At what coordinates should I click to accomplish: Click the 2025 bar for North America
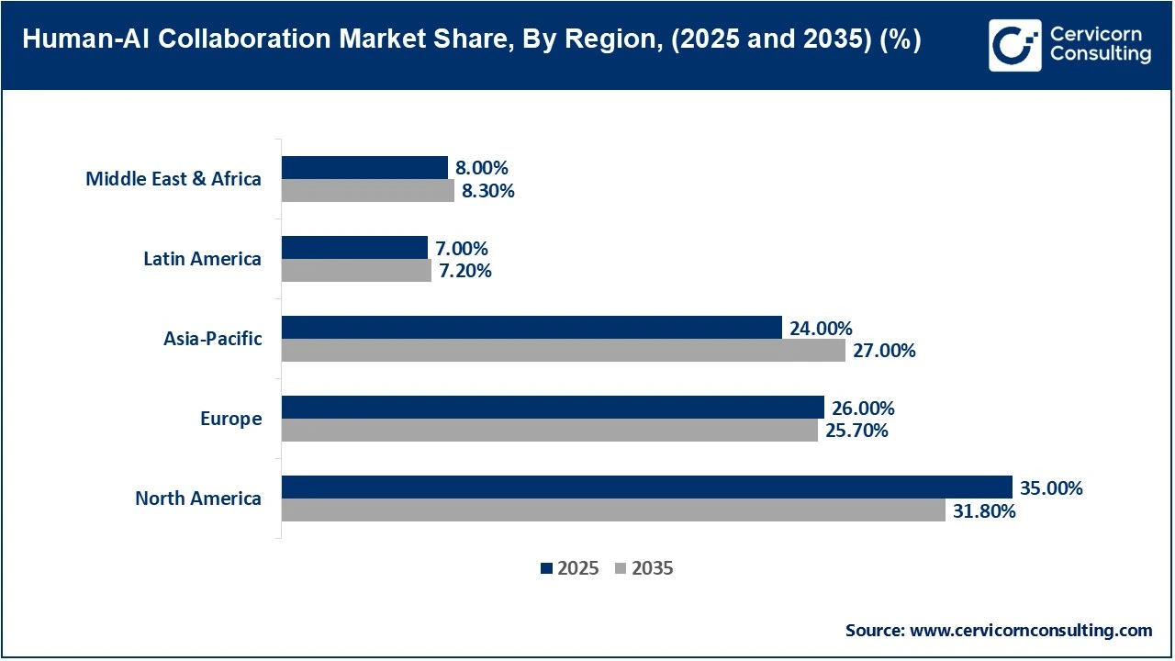point(646,487)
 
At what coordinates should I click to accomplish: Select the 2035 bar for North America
point(613,510)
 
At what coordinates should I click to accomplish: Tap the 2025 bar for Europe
point(553,408)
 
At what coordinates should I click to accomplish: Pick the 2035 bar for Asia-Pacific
point(563,351)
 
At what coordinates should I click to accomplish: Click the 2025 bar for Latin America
point(354,248)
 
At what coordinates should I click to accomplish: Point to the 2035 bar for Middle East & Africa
point(367,191)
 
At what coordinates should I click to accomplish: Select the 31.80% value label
point(984,511)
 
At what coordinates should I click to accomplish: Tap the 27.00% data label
point(884,351)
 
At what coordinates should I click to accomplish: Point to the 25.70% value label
point(856,431)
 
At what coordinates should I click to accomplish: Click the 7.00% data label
point(462,249)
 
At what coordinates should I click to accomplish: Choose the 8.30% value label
point(488,191)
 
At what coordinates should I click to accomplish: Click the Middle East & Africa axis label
point(173,179)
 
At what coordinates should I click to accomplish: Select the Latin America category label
point(202,259)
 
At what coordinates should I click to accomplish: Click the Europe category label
point(230,419)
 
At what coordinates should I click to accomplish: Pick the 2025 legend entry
point(570,568)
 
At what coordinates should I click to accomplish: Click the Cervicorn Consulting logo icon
point(1014,45)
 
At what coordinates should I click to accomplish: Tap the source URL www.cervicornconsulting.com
point(1030,630)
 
